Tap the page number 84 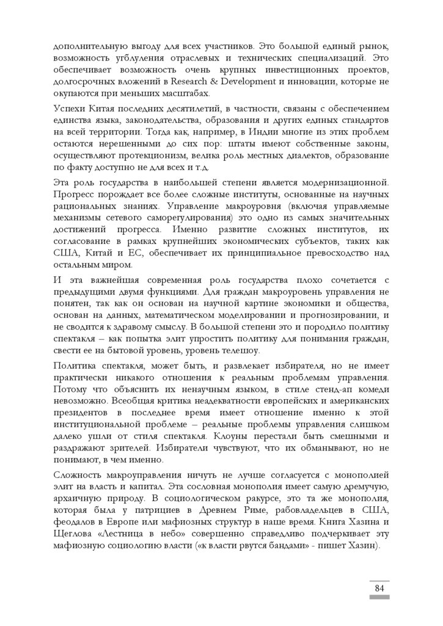pos(379,588)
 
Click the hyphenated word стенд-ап pos(312,389)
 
